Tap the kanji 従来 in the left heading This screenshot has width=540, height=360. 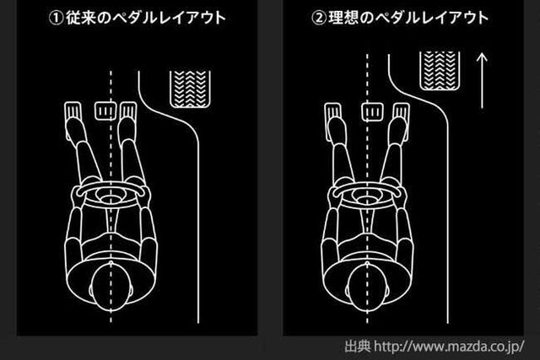(x=81, y=18)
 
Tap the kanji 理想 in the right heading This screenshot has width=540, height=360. (x=343, y=18)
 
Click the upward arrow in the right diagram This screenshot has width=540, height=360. (x=482, y=81)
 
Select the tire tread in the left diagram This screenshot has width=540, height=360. (x=190, y=89)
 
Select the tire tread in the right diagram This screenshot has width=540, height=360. (x=440, y=71)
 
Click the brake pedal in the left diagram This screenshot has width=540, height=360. (x=105, y=110)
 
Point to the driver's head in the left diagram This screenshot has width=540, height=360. (x=111, y=288)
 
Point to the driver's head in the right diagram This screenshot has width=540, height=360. (x=367, y=288)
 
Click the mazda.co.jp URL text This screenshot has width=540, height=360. (x=449, y=347)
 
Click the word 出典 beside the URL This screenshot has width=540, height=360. (x=358, y=347)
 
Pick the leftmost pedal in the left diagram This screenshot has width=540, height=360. (x=73, y=121)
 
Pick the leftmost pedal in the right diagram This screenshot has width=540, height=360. (x=333, y=121)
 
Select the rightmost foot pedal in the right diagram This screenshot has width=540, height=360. (x=402, y=121)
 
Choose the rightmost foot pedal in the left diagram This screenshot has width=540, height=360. (x=128, y=121)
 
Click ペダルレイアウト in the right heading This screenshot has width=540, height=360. (x=431, y=18)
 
